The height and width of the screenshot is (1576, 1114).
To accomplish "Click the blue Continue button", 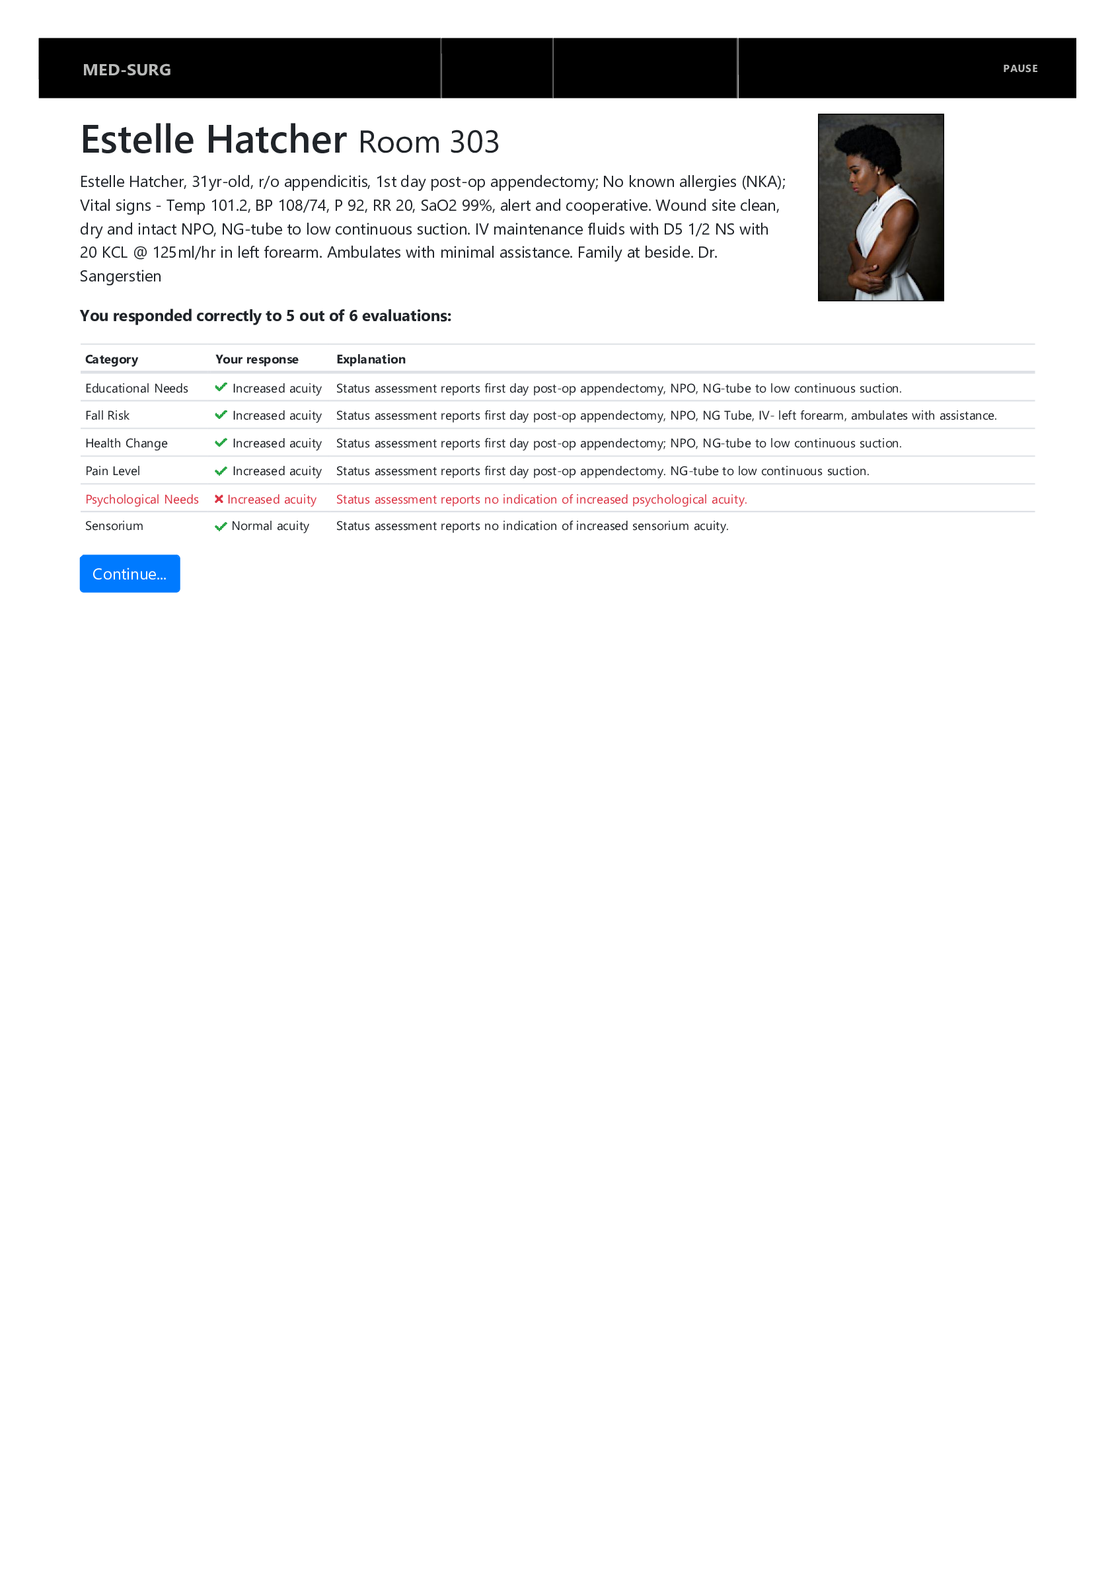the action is pyautogui.click(x=129, y=573).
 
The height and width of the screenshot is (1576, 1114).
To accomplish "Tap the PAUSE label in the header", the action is pyautogui.click(x=1020, y=69).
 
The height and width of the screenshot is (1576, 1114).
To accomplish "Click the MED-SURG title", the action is pyautogui.click(x=126, y=70).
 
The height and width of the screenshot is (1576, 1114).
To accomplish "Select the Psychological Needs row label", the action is pyautogui.click(x=141, y=499).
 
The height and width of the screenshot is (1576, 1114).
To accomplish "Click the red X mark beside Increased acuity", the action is pyautogui.click(x=218, y=498).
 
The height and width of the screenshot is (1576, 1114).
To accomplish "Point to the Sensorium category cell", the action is pyautogui.click(x=114, y=526).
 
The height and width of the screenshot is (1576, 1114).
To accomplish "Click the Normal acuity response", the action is pyautogui.click(x=270, y=526).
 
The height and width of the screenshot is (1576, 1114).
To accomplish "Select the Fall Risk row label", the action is pyautogui.click(x=107, y=415).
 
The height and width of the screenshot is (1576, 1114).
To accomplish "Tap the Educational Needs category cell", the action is pyautogui.click(x=136, y=389).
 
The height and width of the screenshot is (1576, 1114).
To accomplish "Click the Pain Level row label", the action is pyautogui.click(x=112, y=471).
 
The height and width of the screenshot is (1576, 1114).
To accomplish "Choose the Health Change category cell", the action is pyautogui.click(x=126, y=443).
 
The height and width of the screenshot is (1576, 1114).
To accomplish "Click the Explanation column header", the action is pyautogui.click(x=371, y=359).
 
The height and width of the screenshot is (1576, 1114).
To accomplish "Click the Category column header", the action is pyautogui.click(x=111, y=359).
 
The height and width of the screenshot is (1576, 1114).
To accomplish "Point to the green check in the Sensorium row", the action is pyautogui.click(x=220, y=527).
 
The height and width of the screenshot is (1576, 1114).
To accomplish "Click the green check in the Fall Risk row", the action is pyautogui.click(x=220, y=414).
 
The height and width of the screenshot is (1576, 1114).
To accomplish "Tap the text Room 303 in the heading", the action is pyautogui.click(x=428, y=142).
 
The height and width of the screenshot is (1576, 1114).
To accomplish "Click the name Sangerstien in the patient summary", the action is pyautogui.click(x=120, y=276).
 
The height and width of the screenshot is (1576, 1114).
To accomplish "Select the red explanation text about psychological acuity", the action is pyautogui.click(x=541, y=499).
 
